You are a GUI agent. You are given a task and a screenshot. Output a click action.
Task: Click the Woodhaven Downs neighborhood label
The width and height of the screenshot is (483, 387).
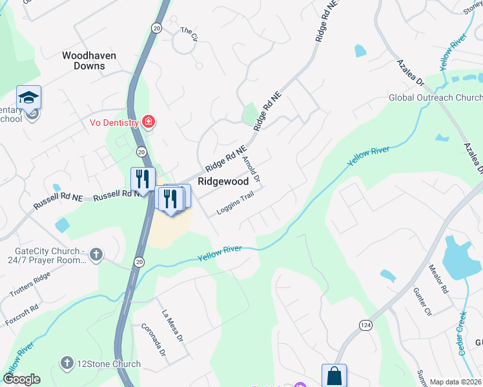89,61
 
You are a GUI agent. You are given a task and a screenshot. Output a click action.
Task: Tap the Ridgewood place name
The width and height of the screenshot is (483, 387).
223,182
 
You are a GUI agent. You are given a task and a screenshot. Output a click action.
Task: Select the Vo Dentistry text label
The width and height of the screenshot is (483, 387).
114,123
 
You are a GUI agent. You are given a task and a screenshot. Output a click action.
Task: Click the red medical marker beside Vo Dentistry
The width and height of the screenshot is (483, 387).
149,121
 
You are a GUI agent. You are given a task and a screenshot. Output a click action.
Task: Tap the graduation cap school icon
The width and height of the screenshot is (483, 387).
28,97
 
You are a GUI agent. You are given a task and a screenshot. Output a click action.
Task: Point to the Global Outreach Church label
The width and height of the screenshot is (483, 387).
435,98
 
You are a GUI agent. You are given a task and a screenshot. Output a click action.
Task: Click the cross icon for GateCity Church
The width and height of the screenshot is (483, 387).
96,253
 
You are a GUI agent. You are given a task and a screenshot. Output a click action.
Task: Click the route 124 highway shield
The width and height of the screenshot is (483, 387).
367,324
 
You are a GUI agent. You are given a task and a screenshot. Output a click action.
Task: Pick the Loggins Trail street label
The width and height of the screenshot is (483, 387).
234,206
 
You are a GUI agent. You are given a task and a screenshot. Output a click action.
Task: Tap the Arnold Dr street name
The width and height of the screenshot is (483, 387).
251,167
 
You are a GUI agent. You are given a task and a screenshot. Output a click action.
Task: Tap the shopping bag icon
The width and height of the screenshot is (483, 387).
334,376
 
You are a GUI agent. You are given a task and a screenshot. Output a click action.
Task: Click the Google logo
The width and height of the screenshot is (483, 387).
21,379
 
